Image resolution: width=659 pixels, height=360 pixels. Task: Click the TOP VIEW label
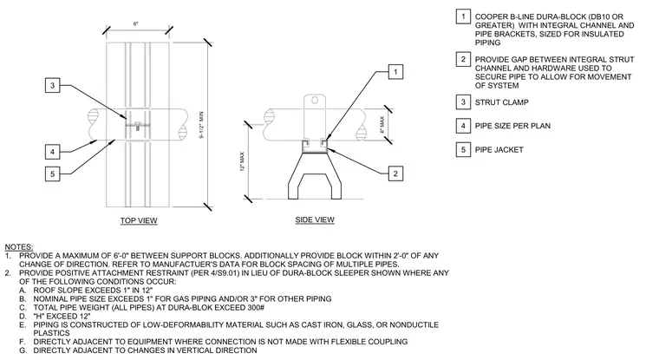(x=139, y=220)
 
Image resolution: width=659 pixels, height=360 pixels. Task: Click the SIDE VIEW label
(x=315, y=219)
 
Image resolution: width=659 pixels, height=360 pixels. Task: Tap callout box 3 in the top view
(x=53, y=85)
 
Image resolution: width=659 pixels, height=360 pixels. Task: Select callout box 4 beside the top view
(x=53, y=152)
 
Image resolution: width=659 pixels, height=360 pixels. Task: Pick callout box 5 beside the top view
(x=53, y=173)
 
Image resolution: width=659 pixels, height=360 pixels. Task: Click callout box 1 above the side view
(x=395, y=72)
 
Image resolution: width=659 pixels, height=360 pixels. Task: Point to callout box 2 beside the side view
(x=395, y=173)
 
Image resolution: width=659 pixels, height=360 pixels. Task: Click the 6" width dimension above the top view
(x=136, y=24)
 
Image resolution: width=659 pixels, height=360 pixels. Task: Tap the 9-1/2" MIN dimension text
(x=201, y=125)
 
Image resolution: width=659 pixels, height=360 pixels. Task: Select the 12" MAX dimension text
(x=242, y=161)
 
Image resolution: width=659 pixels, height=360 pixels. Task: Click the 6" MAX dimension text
(x=382, y=125)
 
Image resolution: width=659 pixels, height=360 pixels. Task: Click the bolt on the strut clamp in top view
(x=138, y=126)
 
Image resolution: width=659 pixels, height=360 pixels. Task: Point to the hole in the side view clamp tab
(x=314, y=100)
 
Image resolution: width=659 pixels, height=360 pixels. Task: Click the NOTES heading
(x=19, y=247)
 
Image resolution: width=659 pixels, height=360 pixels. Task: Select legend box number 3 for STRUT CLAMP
(x=463, y=102)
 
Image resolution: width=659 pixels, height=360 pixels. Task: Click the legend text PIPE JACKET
(x=499, y=150)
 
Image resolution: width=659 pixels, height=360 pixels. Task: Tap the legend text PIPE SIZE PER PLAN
(x=512, y=126)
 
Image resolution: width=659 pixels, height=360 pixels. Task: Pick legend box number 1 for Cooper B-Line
(x=463, y=16)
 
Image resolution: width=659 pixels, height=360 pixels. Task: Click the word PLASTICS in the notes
(x=52, y=333)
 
